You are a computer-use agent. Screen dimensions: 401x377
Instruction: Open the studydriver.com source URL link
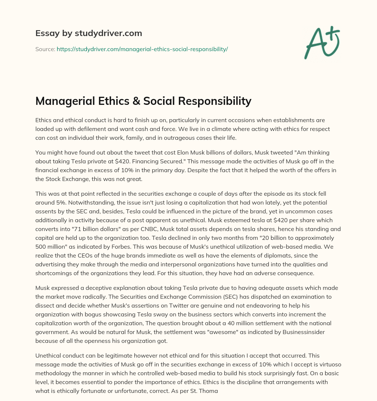pyautogui.click(x=142, y=49)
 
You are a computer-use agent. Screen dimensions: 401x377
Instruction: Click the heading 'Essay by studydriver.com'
pyautogui.click(x=88, y=33)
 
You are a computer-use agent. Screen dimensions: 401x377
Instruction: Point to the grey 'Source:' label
pyautogui.click(x=45, y=49)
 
